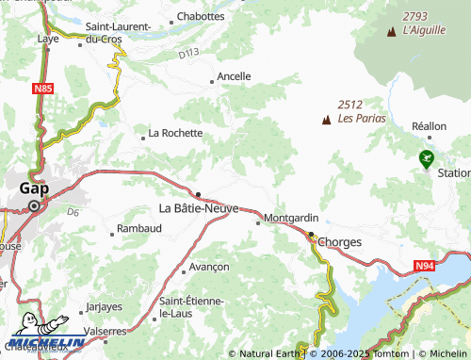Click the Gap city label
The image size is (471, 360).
pyautogui.click(x=34, y=188)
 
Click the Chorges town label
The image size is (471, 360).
pyautogui.click(x=340, y=242)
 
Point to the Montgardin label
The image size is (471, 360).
pyautogui.click(x=292, y=218)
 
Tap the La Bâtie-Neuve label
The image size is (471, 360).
pyautogui.click(x=199, y=207)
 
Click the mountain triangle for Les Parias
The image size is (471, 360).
pyautogui.click(x=326, y=120)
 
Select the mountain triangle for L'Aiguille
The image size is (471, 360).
pyautogui.click(x=391, y=32)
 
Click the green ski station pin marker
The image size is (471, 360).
pyautogui.click(x=427, y=158)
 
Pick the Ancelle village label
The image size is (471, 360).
pyautogui.click(x=234, y=76)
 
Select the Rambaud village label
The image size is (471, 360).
pyautogui.click(x=139, y=229)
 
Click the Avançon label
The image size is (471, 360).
pyautogui.click(x=208, y=267)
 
